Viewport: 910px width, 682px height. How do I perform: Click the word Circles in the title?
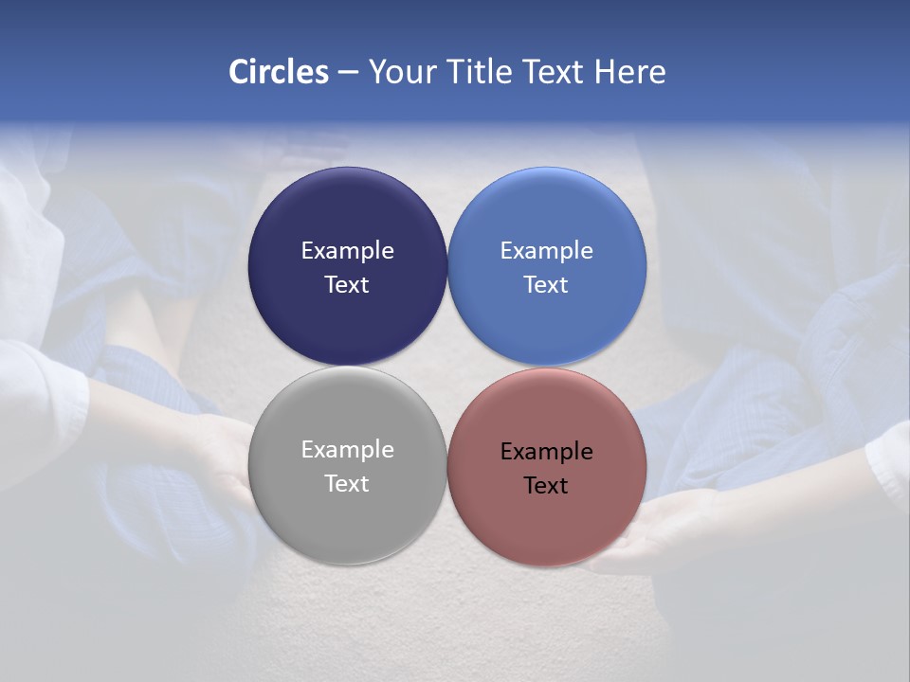(279, 72)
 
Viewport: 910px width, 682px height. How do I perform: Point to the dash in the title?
(348, 73)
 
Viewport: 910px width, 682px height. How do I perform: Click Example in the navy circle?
(347, 250)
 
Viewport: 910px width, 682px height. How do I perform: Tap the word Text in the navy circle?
(347, 284)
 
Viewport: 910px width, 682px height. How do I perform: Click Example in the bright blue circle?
(547, 250)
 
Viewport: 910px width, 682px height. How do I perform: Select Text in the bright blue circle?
(547, 284)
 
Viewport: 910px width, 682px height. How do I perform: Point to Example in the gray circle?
(347, 450)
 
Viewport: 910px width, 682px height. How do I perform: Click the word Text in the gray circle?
(347, 483)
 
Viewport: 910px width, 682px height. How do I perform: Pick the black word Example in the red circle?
(547, 452)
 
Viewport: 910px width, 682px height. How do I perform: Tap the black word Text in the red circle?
(547, 486)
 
